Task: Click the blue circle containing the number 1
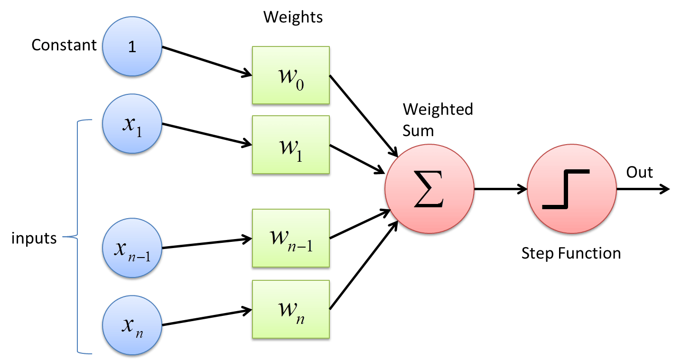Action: (x=132, y=46)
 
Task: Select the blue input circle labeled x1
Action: (x=132, y=123)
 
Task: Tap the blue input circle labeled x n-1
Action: (x=132, y=248)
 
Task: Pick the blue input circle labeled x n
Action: (x=132, y=325)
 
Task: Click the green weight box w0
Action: (x=290, y=75)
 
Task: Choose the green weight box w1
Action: (x=290, y=144)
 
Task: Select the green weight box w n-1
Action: (x=290, y=238)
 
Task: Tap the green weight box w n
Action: (x=290, y=309)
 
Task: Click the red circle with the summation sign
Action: (x=429, y=189)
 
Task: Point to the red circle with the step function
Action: (x=571, y=189)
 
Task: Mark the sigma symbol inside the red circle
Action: (x=429, y=190)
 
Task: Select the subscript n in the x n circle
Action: (x=139, y=333)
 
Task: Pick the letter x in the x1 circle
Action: (x=128, y=124)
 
